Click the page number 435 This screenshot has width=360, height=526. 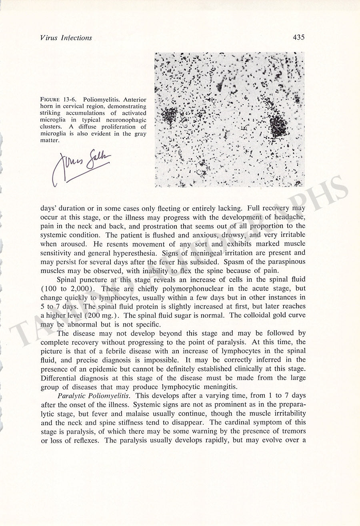pyautogui.click(x=298, y=37)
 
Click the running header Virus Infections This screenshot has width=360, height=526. pyautogui.click(x=66, y=38)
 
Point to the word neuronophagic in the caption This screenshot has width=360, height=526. pyautogui.click(x=127, y=120)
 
